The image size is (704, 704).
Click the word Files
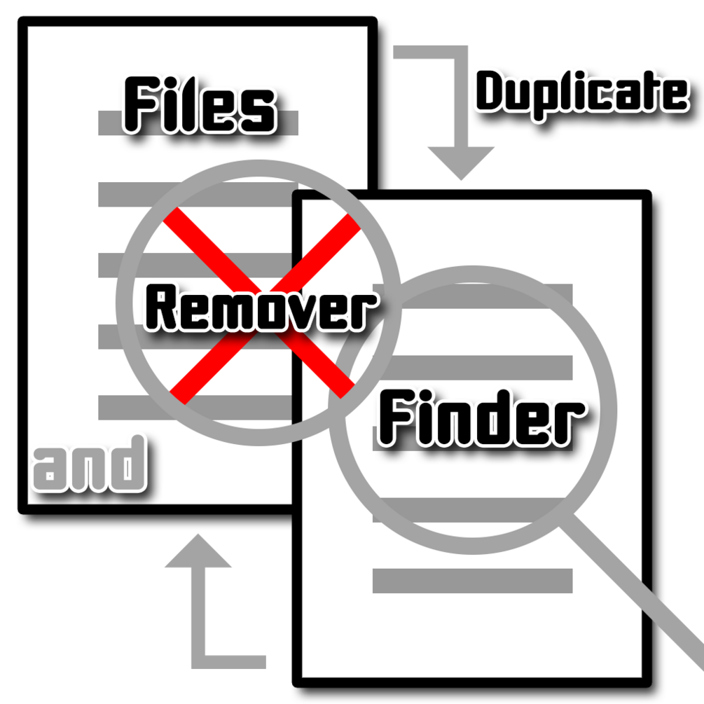pos(200,105)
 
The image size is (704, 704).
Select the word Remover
pos(261,309)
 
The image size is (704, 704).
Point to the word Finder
pos(481,417)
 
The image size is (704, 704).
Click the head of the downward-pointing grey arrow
pos(461,163)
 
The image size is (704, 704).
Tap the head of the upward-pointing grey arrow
pos(198,551)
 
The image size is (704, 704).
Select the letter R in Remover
pos(160,308)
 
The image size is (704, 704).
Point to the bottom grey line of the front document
pos(472,581)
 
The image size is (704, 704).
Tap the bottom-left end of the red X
pos(178,397)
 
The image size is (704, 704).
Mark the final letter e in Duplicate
pos(675,95)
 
